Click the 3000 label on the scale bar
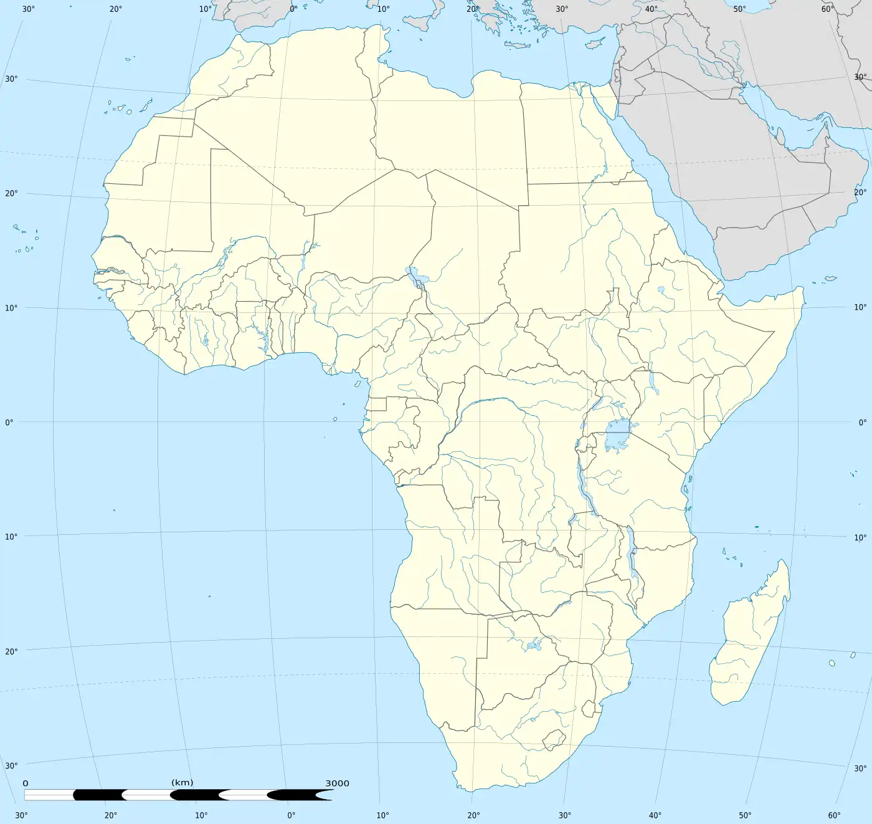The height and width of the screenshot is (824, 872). [x=337, y=783]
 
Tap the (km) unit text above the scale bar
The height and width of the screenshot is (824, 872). [x=182, y=782]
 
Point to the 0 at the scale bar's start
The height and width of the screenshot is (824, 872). [x=26, y=783]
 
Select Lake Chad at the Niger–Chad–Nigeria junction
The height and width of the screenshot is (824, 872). [x=412, y=274]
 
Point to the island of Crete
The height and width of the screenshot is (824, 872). [x=516, y=45]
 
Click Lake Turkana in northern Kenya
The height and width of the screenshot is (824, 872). [x=652, y=381]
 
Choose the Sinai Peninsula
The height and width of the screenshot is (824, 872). [x=601, y=100]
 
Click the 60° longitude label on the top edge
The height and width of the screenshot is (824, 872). [x=827, y=9]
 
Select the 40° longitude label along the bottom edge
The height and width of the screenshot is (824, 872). [x=655, y=815]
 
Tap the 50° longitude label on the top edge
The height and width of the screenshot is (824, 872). [x=739, y=9]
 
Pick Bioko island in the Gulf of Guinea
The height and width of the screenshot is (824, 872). [x=358, y=383]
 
